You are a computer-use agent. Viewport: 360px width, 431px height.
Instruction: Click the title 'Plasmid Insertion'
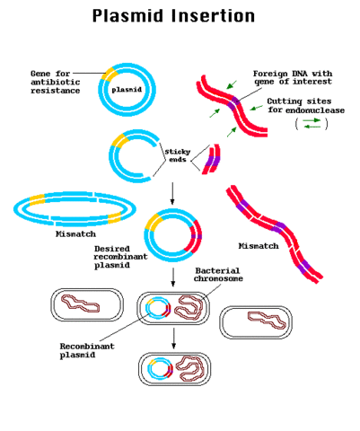[180, 16]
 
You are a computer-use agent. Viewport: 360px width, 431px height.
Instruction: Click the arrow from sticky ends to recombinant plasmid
[171, 190]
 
